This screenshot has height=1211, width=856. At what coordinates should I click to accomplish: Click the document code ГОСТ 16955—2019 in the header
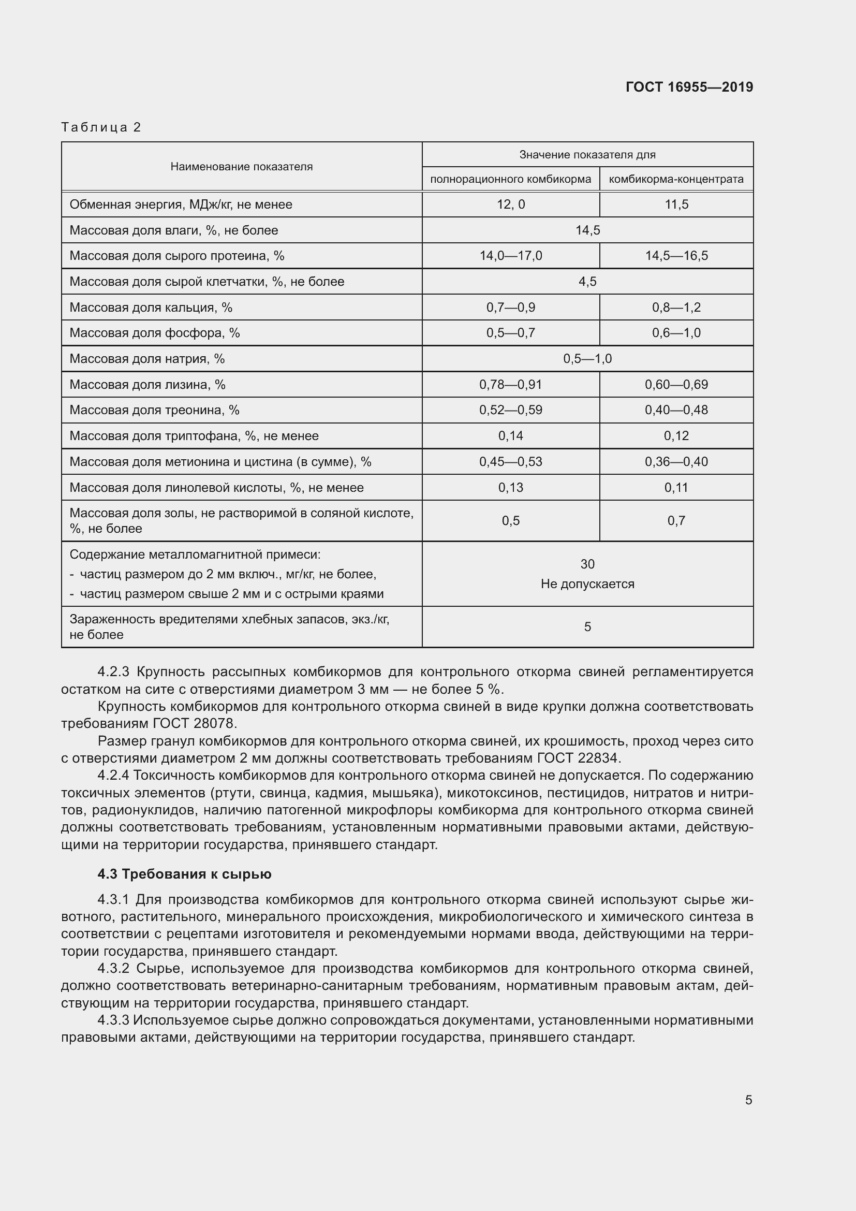click(x=689, y=87)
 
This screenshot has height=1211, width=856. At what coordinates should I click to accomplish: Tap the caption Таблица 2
click(x=101, y=127)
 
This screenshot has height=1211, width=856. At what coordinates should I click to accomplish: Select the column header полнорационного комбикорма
click(x=510, y=179)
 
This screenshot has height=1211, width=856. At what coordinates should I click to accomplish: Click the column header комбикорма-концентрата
click(x=676, y=179)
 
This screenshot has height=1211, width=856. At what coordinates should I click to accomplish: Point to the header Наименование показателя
click(x=241, y=167)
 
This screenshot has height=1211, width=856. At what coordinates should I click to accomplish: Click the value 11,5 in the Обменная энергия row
click(x=676, y=205)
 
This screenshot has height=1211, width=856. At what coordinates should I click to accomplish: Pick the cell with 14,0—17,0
click(x=510, y=256)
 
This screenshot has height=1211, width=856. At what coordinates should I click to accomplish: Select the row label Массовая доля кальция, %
click(x=151, y=308)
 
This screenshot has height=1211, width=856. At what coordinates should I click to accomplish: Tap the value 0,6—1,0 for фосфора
click(x=676, y=333)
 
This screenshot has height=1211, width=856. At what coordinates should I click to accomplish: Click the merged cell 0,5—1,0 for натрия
click(x=587, y=359)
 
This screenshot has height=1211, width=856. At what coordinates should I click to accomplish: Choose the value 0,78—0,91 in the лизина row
click(x=510, y=385)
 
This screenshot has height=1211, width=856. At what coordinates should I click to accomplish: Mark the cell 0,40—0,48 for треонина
click(x=676, y=410)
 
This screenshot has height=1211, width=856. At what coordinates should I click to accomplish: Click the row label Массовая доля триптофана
click(x=194, y=436)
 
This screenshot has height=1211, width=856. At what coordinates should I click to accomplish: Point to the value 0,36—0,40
click(x=676, y=461)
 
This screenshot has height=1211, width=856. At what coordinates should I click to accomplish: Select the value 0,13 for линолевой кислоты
click(x=510, y=487)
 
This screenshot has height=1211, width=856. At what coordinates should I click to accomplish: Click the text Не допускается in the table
click(x=587, y=584)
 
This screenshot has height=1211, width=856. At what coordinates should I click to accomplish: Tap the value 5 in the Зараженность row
click(x=587, y=626)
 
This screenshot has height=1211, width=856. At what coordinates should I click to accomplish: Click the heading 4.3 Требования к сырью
click(x=184, y=874)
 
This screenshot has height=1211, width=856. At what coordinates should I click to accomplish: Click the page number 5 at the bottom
click(x=748, y=1100)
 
